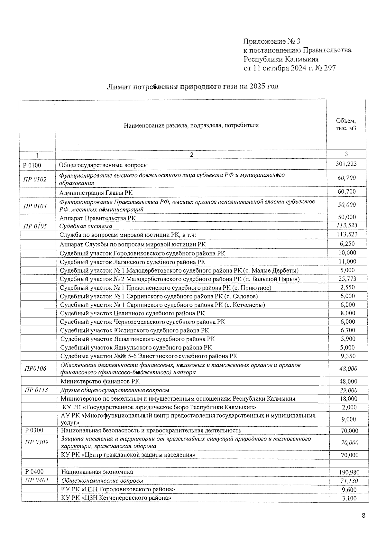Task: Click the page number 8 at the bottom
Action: click(363, 516)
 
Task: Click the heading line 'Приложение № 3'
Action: click(272, 41)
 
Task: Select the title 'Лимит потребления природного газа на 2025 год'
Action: click(193, 87)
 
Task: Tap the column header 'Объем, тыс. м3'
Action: click(346, 125)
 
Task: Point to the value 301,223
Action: click(346, 164)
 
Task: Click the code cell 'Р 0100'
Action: click(32, 165)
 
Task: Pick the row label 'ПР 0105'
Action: click(35, 226)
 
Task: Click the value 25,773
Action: click(347, 279)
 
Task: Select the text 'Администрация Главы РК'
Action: click(96, 193)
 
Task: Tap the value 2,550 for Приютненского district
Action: click(347, 287)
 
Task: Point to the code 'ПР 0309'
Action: click(37, 442)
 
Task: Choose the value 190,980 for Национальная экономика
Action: click(349, 472)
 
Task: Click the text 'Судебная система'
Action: click(86, 226)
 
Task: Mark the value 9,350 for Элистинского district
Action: click(348, 356)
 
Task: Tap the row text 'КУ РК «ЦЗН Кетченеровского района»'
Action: click(116, 498)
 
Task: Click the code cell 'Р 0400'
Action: click(34, 472)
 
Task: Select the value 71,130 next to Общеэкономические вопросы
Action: click(349, 481)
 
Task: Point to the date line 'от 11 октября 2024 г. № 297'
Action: click(289, 68)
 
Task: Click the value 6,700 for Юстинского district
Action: click(348, 330)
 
